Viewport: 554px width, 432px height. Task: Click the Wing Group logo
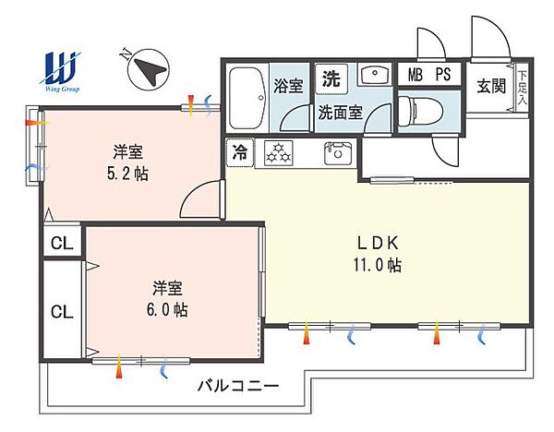60,72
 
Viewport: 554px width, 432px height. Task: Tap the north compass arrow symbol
149,69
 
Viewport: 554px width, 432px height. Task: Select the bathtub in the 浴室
247,98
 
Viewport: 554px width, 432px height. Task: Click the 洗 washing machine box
331,78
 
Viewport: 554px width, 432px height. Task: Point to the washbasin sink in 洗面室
375,74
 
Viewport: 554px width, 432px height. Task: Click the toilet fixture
421,111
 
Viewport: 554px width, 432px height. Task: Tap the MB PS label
429,74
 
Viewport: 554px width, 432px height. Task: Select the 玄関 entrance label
491,86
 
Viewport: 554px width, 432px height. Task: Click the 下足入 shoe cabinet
522,88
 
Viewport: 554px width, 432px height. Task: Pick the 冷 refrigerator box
240,152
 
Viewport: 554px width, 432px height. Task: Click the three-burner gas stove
279,152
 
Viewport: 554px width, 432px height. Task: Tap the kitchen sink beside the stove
338,152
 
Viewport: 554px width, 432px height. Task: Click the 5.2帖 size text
128,174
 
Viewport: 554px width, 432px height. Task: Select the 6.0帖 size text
167,309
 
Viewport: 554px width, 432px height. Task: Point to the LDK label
378,243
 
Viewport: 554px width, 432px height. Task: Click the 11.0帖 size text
378,265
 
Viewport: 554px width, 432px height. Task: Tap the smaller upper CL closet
62,243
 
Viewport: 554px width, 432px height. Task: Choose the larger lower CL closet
62,311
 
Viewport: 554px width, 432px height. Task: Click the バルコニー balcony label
238,385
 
